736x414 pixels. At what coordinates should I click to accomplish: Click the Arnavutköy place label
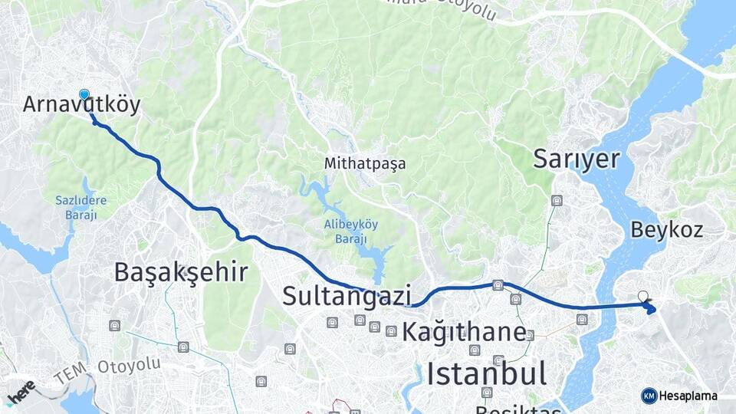[81, 105]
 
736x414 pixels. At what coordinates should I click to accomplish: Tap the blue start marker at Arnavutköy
[84, 95]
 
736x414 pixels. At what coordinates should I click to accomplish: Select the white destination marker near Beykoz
[642, 296]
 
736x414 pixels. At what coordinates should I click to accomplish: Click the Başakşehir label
[181, 271]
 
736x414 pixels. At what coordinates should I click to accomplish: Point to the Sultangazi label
[347, 295]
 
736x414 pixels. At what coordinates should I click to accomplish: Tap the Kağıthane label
[464, 333]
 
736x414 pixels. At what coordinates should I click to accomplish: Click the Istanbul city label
[487, 374]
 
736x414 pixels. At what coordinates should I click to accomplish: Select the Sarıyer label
[576, 159]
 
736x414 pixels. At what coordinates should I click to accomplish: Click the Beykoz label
[666, 229]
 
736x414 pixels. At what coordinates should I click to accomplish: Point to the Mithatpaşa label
[365, 163]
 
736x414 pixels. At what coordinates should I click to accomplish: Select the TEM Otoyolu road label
[107, 370]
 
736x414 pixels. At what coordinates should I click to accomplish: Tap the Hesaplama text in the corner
[688, 396]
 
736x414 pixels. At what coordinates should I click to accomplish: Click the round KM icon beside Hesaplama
[649, 396]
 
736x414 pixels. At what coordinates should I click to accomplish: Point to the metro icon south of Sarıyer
[557, 201]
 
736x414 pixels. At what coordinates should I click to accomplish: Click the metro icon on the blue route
[498, 285]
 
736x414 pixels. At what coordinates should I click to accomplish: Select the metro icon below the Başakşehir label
[116, 325]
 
